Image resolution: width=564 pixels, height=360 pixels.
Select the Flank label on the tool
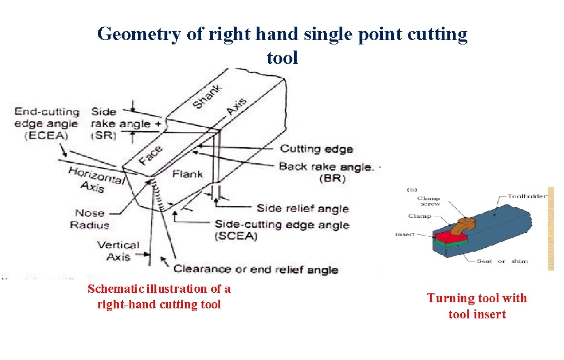[x=187, y=174]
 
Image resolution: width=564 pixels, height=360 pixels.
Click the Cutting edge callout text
[x=316, y=149]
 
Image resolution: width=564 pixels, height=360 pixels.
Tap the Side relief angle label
[x=302, y=208]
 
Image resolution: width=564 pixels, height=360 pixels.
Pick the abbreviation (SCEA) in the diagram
[x=236, y=237]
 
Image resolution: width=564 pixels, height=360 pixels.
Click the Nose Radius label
[x=89, y=219]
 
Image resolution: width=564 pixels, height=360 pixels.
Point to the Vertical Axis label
[x=118, y=251]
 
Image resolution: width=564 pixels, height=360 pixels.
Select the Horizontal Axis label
[x=95, y=179]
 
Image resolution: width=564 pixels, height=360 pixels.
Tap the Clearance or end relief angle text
[x=256, y=269]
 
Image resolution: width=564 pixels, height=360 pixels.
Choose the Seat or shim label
[x=502, y=261]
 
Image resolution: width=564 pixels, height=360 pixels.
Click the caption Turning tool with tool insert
[x=477, y=306]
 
